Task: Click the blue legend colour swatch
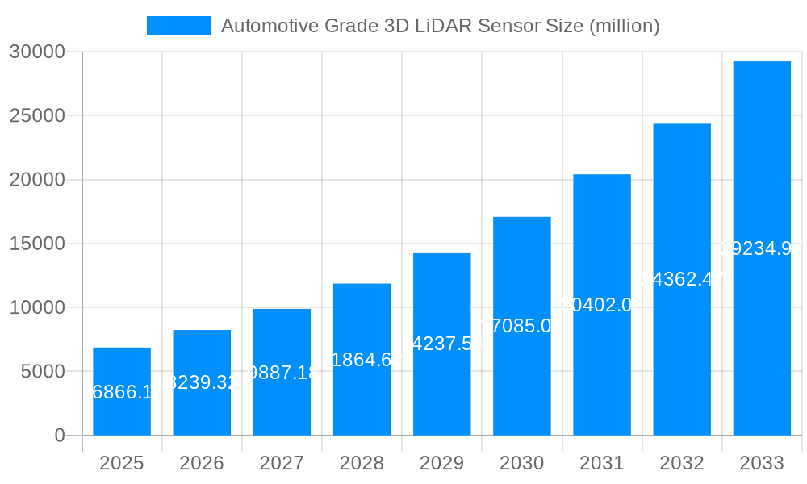[178, 26]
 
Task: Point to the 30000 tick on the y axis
[36, 52]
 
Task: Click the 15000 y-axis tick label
[36, 244]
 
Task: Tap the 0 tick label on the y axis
[60, 436]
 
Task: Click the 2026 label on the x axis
[202, 463]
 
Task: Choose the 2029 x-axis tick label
[441, 463]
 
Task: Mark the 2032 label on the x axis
[682, 463]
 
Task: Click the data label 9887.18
[282, 373]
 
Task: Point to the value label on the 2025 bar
[122, 393]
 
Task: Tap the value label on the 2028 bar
[362, 360]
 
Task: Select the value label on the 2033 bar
[762, 248]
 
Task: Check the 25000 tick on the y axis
[36, 116]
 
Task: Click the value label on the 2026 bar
[202, 382]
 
